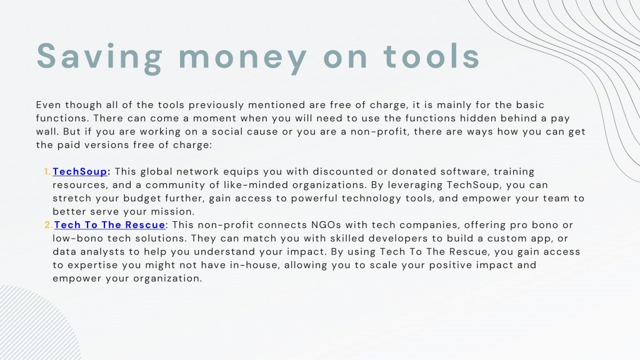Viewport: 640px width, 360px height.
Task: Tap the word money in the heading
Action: (243, 59)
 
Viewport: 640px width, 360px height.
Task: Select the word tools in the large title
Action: (431, 56)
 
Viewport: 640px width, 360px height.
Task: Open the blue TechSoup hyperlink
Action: (80, 171)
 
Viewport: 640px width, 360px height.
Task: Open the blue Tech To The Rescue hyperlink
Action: (110, 225)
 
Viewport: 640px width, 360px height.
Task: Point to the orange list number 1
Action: (47, 171)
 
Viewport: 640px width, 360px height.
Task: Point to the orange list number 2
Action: (48, 225)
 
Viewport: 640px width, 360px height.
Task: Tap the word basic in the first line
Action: (530, 105)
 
